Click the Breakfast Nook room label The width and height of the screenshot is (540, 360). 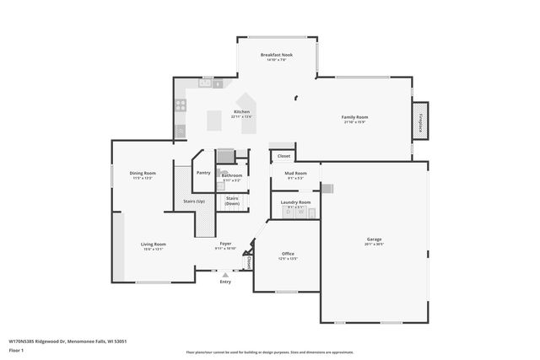pos(276,55)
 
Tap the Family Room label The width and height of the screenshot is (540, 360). pos(355,117)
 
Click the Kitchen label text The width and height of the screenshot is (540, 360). pos(242,112)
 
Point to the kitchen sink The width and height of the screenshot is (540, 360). pos(205,83)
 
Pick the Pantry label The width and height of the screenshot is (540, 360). pos(203,172)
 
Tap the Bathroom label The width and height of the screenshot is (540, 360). pos(232,175)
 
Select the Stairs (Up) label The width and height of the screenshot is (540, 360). pos(194,201)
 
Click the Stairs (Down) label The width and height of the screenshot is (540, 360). pos(232,201)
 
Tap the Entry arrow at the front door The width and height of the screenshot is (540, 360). pos(225,274)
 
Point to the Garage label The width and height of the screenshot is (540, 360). pos(374,239)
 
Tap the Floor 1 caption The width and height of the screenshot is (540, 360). pos(16,351)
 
